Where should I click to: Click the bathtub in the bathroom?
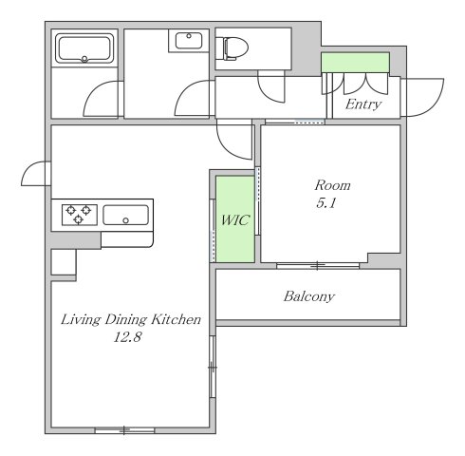click(x=84, y=48)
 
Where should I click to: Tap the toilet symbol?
click(x=235, y=48)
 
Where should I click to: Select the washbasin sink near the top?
click(x=189, y=41)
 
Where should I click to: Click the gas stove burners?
click(x=79, y=215)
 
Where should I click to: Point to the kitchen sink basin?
click(x=126, y=216)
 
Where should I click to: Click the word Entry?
click(x=363, y=104)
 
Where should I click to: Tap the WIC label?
click(x=235, y=220)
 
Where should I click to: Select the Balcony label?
click(x=309, y=296)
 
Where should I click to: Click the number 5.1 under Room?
click(x=325, y=203)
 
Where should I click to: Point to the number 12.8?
click(x=127, y=337)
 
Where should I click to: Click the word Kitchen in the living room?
click(x=176, y=319)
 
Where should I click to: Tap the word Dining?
click(x=126, y=320)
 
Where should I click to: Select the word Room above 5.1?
click(x=332, y=185)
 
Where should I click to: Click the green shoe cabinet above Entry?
click(x=355, y=63)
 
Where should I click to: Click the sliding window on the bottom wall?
click(x=124, y=430)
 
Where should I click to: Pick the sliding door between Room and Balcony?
click(x=318, y=266)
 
